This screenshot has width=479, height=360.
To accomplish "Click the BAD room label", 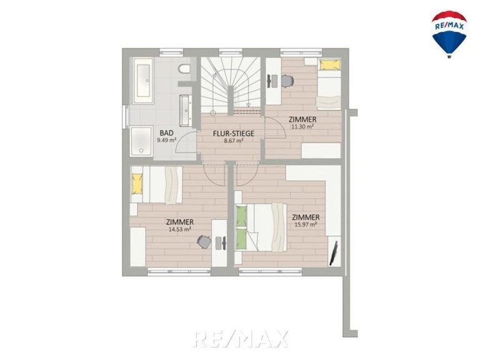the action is coord(167,133).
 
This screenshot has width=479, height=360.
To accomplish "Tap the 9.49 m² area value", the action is coord(167,141).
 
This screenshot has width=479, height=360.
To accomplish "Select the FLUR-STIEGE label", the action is coord(234,134).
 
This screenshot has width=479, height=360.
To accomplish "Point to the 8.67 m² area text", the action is coord(234,141).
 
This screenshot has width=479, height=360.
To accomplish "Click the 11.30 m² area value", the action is coord(302,126).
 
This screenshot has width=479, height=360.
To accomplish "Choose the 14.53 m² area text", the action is coord(180,229).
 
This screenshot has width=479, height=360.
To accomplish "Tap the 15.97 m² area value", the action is coord(305,224).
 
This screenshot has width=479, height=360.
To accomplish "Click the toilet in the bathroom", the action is coord(184,69).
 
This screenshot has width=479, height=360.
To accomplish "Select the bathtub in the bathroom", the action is coord(143,80).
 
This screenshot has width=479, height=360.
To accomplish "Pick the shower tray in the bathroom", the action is coord(141,141).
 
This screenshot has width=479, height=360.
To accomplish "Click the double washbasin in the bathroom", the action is coord(185,111).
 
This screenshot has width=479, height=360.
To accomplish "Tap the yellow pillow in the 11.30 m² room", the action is coord(330,64).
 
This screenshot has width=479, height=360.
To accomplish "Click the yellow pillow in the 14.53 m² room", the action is coord(137,184).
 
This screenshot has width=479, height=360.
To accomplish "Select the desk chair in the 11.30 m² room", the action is coord(287,81).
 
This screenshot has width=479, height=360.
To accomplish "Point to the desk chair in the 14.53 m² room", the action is coord(204,242).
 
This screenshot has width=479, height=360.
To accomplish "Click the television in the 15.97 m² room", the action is coord(333,253).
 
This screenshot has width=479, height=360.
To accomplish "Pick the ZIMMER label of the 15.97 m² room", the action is coord(306,217).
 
